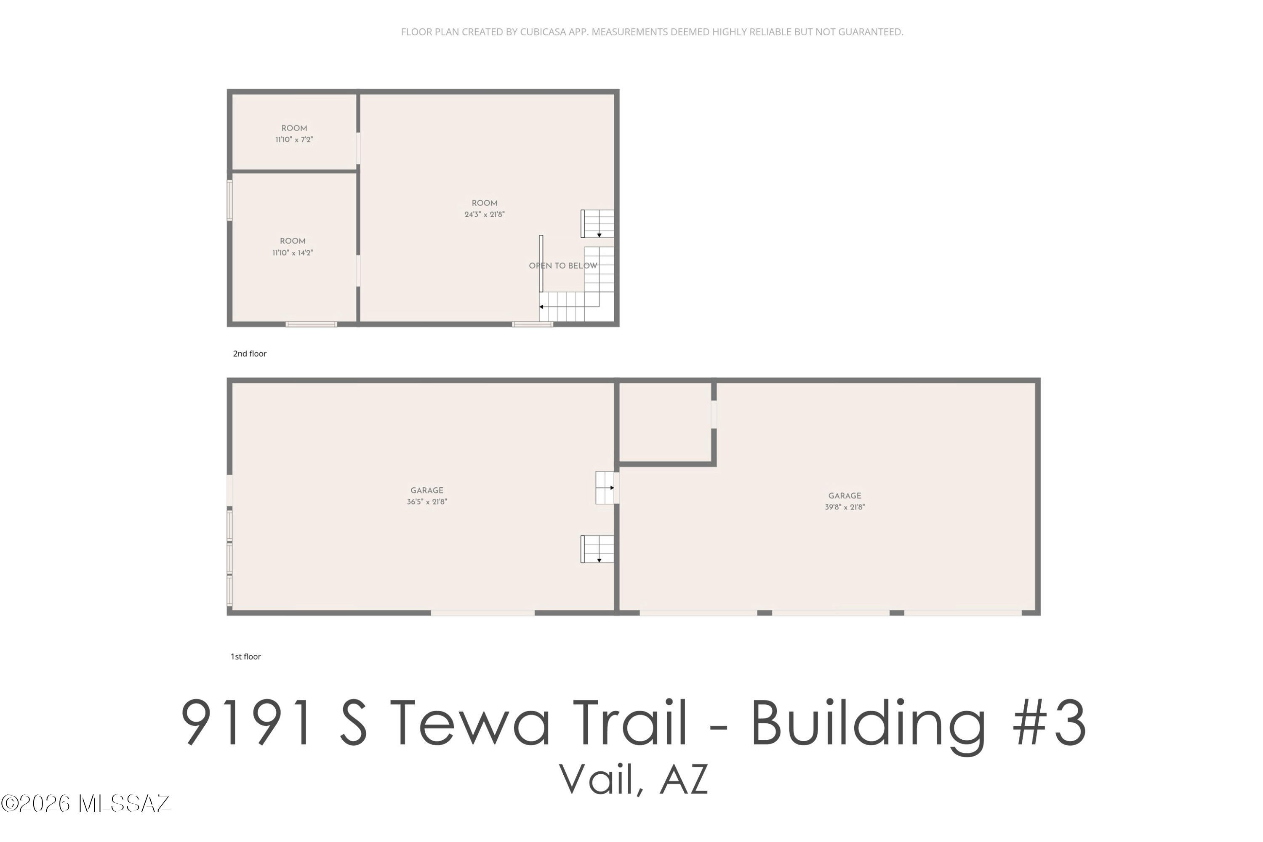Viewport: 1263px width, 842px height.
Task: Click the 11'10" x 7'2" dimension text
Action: click(294, 140)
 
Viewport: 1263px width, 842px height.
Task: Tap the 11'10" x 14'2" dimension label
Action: click(292, 253)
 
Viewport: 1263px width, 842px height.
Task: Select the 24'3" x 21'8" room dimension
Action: click(485, 215)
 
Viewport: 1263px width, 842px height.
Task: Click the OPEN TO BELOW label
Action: click(563, 266)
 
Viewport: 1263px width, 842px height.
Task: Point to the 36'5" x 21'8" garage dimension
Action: click(427, 502)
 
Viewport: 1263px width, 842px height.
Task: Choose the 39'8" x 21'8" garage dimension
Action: click(845, 507)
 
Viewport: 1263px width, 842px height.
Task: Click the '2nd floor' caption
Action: click(250, 354)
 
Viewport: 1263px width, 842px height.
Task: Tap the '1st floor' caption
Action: click(246, 657)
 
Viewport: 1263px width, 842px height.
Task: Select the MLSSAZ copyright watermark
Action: click(86, 804)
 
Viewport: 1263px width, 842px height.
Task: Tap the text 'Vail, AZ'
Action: click(634, 779)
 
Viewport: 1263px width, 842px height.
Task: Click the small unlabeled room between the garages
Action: click(665, 422)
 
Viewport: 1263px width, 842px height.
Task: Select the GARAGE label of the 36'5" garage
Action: click(427, 491)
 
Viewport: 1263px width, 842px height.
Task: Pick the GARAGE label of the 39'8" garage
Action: click(845, 496)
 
